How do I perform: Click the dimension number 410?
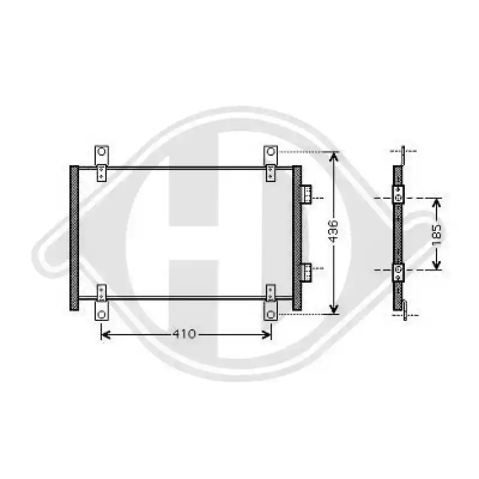click(184, 334)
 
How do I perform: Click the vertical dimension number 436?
click(334, 231)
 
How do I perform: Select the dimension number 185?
click(437, 234)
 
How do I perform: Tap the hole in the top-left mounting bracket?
click(101, 151)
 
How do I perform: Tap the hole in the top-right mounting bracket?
click(271, 151)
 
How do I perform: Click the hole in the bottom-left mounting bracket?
click(101, 314)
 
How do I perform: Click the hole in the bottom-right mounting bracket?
click(271, 314)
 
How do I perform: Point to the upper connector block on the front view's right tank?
click(307, 194)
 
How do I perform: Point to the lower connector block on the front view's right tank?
click(307, 272)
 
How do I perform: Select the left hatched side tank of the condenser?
click(74, 238)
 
